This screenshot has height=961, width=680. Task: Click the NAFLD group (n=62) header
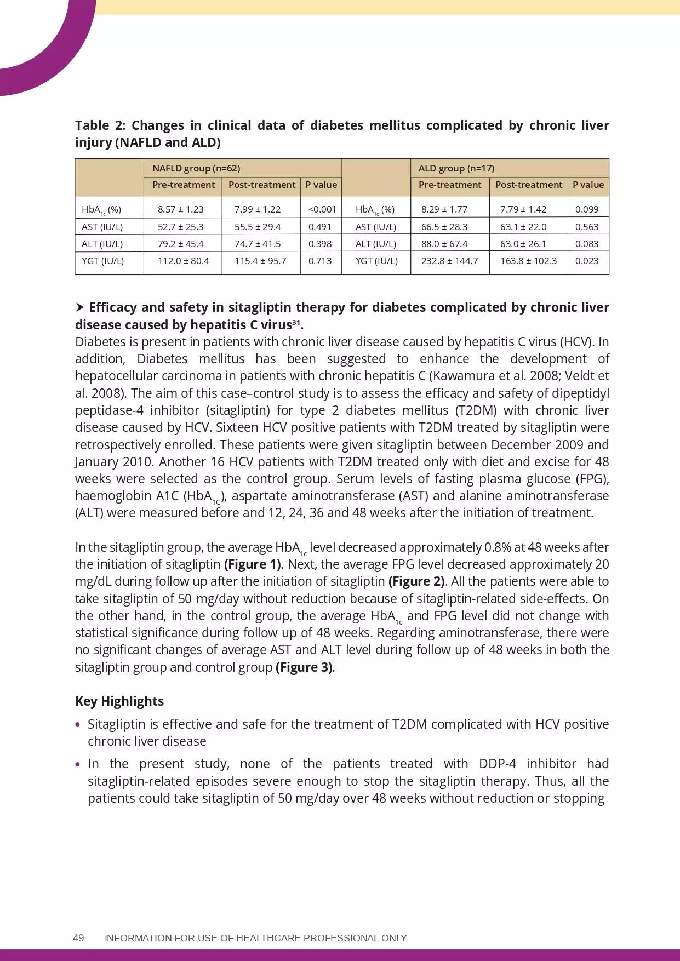[x=196, y=168]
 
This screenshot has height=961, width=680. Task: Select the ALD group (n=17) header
[x=456, y=168]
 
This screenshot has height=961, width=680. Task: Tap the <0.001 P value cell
[x=322, y=209]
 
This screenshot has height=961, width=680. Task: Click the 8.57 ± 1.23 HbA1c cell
[x=180, y=209]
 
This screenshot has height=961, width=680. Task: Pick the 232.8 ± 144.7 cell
[x=449, y=261]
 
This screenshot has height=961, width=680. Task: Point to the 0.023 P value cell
[x=587, y=261]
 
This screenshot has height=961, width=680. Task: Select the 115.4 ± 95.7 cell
[x=260, y=261]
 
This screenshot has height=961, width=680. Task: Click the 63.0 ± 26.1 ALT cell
[x=523, y=244]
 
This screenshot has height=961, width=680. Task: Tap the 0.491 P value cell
[x=319, y=227]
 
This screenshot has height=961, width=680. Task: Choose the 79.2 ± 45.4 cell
[x=180, y=244]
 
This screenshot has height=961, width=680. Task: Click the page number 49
[x=78, y=937]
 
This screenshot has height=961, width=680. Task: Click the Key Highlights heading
[x=119, y=701]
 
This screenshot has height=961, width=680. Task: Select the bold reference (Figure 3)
[x=304, y=667]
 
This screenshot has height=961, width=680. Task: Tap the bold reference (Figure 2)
[x=416, y=581]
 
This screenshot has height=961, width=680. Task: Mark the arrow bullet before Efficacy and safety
[x=80, y=307]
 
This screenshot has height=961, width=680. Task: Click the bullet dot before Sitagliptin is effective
[x=78, y=724]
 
